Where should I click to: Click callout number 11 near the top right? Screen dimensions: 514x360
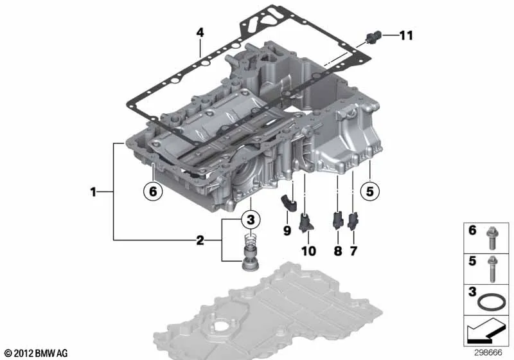click(406, 35)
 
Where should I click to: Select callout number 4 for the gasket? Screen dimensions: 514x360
click(200, 32)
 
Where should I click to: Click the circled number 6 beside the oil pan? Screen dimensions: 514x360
click(153, 191)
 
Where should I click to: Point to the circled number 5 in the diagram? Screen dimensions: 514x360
click(370, 191)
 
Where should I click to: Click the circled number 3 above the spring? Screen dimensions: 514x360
click(251, 219)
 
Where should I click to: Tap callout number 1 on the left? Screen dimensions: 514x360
click(93, 192)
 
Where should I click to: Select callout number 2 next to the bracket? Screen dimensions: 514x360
click(200, 240)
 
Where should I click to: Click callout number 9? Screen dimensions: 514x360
click(287, 231)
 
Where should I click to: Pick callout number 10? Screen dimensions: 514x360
click(309, 251)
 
